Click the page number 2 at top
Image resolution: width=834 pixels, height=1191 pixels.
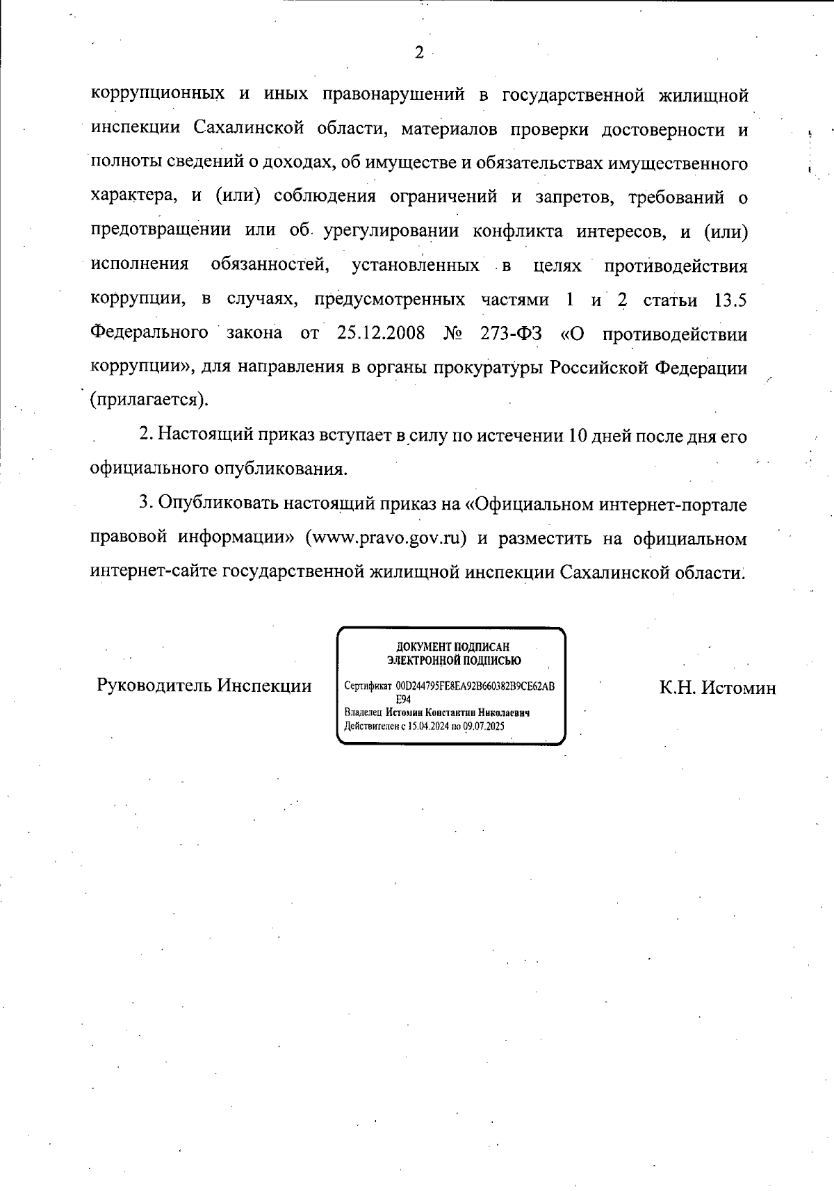[x=418, y=53]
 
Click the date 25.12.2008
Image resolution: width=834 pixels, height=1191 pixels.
[x=381, y=333]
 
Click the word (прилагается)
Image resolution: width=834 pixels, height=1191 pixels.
[x=149, y=400]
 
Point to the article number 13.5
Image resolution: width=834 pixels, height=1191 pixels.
[x=730, y=300]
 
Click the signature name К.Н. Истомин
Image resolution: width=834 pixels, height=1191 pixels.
[x=717, y=688]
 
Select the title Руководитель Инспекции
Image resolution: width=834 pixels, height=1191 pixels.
[x=204, y=686]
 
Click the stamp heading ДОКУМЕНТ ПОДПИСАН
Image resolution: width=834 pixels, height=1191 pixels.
[x=452, y=647]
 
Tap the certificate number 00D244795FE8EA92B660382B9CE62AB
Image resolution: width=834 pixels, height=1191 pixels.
[x=475, y=686]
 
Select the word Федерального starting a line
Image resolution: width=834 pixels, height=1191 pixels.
[x=149, y=333]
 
